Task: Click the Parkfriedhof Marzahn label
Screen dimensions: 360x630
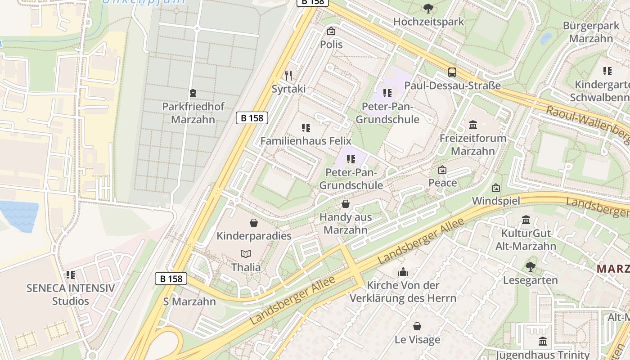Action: tap(193, 113)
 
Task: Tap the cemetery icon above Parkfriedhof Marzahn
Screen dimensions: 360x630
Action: tap(193, 93)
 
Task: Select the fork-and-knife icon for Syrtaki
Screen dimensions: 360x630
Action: tap(288, 75)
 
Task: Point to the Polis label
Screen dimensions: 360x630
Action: tap(331, 44)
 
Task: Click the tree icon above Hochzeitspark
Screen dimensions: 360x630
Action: tap(428, 8)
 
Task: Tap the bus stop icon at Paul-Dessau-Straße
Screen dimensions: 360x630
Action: tap(452, 72)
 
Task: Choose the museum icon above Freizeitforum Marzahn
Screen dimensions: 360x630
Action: tap(472, 125)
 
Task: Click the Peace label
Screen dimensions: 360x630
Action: tap(442, 183)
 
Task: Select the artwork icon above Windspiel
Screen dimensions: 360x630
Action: tap(496, 188)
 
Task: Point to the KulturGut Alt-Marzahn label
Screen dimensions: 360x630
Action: tap(526, 239)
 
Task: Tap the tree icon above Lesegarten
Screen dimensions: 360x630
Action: tap(531, 266)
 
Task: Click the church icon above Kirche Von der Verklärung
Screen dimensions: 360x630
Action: tap(403, 272)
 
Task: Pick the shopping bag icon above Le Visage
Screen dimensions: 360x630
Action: tap(417, 326)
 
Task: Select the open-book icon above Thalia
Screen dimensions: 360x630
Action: tap(246, 254)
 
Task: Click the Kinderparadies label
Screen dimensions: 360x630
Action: tap(254, 236)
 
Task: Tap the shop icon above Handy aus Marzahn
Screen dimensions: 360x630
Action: tap(345, 204)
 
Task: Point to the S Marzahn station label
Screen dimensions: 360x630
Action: tap(189, 301)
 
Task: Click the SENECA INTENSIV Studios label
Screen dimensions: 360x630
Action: tap(71, 294)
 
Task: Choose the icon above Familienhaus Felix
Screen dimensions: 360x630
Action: tap(306, 128)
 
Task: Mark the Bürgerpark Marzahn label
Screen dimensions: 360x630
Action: tap(591, 32)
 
